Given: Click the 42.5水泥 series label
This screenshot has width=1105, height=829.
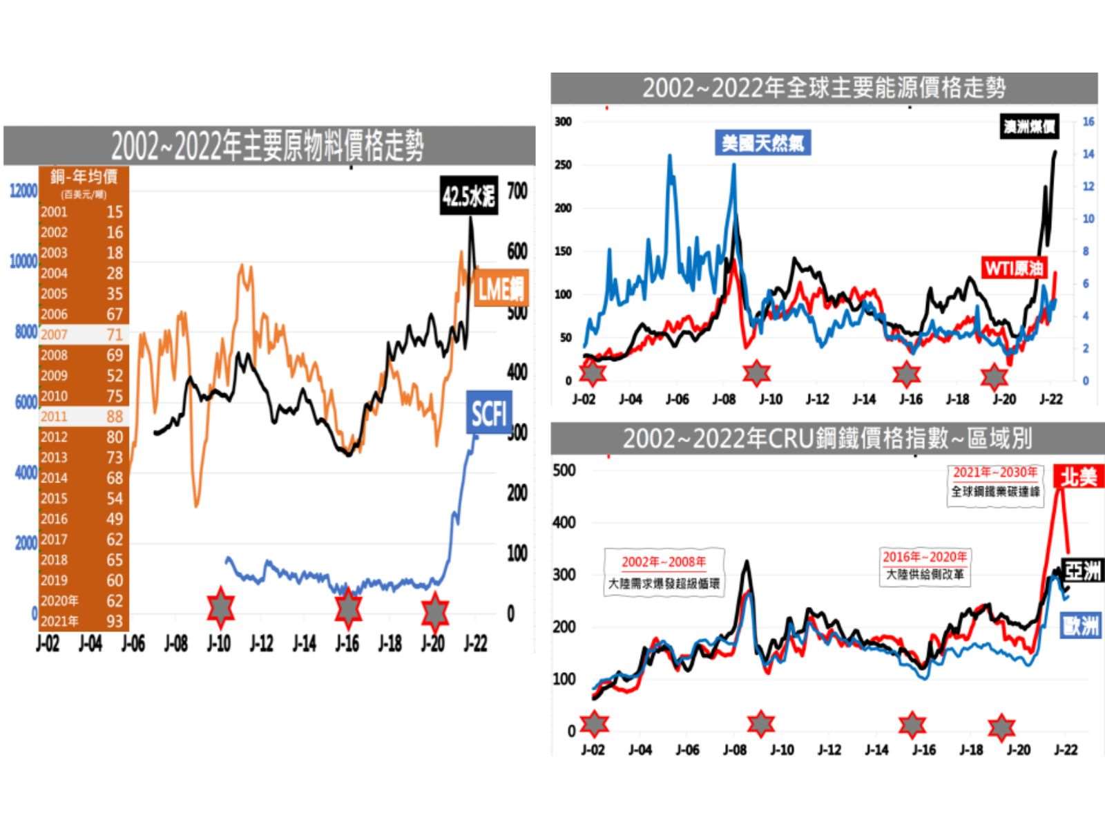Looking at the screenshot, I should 469,197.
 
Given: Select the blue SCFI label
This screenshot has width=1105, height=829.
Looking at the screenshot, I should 489,413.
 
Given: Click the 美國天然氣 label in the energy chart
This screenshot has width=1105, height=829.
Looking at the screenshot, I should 762,143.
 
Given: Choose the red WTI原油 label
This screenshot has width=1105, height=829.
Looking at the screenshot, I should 1014,267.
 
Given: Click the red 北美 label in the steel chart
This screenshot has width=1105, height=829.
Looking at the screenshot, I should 1079,477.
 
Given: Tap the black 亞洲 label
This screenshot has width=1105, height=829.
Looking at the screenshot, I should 1082,571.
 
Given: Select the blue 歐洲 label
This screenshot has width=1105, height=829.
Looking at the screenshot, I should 1082,626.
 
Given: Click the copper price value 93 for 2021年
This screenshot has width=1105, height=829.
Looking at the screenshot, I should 114,621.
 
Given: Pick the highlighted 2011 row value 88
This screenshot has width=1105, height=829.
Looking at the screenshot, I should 114,417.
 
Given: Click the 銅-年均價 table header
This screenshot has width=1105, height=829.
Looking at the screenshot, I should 84,177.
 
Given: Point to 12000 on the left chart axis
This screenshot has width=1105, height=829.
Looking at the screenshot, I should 23,191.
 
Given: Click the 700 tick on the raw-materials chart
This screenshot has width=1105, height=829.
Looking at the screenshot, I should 517,191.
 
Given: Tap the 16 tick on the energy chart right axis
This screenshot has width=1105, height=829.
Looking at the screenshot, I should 1088,122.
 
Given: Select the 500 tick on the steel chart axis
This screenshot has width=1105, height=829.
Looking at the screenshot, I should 564,470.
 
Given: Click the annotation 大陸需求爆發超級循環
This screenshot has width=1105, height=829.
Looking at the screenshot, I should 664,584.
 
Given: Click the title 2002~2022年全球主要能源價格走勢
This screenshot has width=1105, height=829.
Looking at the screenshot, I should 824,88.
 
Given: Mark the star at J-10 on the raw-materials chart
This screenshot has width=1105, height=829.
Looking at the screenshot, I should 220,609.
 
